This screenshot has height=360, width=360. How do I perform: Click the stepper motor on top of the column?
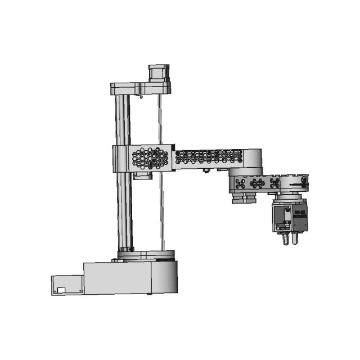[158, 73]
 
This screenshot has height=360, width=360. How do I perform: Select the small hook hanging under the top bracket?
[141, 97]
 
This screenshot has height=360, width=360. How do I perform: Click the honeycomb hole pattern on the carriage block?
[150, 158]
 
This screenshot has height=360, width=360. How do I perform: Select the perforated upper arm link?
[208, 157]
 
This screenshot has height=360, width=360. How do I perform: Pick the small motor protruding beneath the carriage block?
[143, 175]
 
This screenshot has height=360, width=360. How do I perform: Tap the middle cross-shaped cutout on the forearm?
[258, 183]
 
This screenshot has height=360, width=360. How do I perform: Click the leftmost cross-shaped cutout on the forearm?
[241, 183]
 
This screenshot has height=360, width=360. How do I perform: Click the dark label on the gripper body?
[299, 214]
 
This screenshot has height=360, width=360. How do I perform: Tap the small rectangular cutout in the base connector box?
[61, 290]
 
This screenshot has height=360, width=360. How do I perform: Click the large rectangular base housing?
[117, 278]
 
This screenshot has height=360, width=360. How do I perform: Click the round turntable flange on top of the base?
[146, 255]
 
